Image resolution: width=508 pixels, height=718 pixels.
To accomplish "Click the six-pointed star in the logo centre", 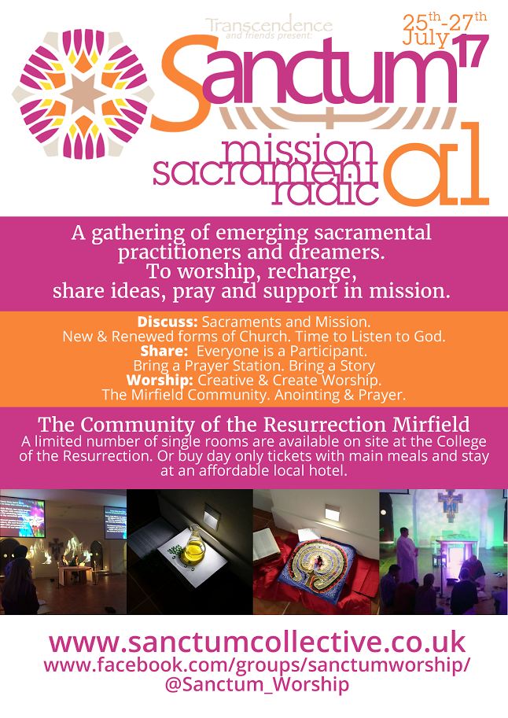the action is (83, 94).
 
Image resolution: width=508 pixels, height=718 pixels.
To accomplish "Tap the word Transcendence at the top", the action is (269, 25).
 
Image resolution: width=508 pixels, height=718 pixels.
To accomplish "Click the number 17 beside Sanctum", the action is (470, 51).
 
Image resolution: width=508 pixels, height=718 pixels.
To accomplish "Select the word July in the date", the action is (425, 38).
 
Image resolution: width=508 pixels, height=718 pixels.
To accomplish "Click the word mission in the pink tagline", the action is (296, 151).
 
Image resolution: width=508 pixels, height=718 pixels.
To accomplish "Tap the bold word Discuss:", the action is (167, 322).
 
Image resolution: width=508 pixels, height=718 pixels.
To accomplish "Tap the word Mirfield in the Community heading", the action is (431, 425).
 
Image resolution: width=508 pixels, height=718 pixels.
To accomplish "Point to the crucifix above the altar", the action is (451, 505).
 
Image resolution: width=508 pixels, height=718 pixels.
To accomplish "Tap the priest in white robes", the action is (407, 549).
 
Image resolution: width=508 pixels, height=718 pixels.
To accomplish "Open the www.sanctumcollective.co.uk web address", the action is (257, 642).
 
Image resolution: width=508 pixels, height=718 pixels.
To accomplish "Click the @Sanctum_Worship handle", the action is (257, 684).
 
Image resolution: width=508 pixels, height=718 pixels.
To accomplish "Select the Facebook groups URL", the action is (257, 665).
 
